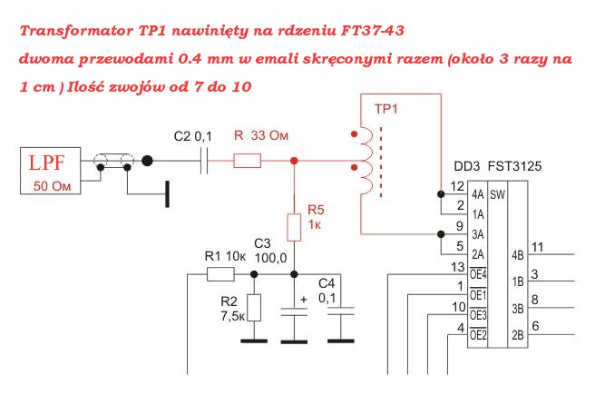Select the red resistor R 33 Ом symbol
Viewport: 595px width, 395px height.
point(248,162)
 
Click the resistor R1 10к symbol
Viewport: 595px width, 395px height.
point(219,272)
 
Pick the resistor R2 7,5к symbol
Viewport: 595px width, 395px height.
point(254,308)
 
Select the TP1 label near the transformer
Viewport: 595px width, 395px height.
point(386,108)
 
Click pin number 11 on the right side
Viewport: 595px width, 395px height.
point(538,246)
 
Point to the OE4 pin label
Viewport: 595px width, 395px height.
point(478,273)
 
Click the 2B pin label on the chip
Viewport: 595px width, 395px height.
point(518,335)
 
